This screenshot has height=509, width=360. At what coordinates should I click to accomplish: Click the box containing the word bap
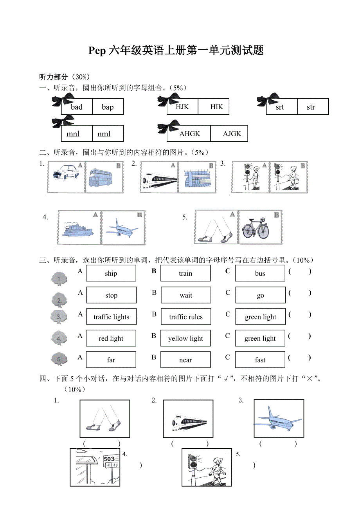(x=108, y=107)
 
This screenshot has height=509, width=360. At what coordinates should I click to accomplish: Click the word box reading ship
(x=111, y=273)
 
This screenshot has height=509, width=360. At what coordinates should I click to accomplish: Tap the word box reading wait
(x=186, y=295)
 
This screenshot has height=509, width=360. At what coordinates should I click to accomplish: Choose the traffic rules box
(x=186, y=317)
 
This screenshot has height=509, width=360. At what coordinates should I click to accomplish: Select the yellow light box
(x=185, y=338)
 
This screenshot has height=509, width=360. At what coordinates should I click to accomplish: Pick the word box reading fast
(x=260, y=360)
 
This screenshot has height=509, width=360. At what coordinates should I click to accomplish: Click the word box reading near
(x=185, y=360)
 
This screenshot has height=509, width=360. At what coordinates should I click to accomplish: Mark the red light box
(x=111, y=338)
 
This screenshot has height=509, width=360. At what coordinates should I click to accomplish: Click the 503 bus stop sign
(x=110, y=459)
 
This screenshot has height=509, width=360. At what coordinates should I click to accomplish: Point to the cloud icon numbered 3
(x=59, y=317)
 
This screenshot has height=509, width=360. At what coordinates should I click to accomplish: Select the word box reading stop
(x=111, y=295)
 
